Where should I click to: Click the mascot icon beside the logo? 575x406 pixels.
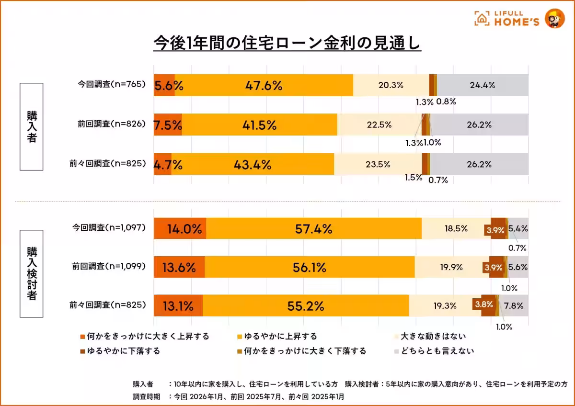pyautogui.click(x=555, y=19)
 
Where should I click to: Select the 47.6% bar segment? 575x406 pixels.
pyautogui.click(x=264, y=85)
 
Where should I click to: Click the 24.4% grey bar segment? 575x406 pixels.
pyautogui.click(x=483, y=85)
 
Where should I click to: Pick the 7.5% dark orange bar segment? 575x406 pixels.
pyautogui.click(x=168, y=125)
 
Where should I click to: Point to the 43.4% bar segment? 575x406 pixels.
pyautogui.click(x=253, y=164)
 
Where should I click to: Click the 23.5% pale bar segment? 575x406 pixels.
pyautogui.click(x=378, y=164)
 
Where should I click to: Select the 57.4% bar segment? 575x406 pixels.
pyautogui.click(x=313, y=229)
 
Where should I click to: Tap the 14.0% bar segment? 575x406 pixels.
pyautogui.click(x=180, y=229)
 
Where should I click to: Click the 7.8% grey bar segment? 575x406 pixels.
pyautogui.click(x=517, y=305)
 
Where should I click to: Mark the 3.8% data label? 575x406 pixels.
pyautogui.click(x=483, y=304)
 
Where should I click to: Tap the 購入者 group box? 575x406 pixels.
pyautogui.click(x=31, y=127)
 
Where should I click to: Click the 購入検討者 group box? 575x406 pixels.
pyautogui.click(x=31, y=273)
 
